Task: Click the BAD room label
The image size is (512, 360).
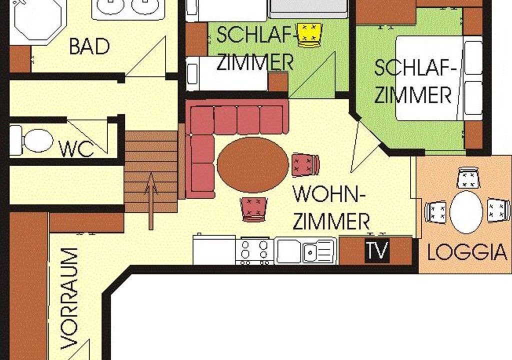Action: point(89,46)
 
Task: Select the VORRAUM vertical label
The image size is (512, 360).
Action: point(69,298)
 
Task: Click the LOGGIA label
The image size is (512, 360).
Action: point(467,252)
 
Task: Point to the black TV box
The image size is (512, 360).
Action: point(377,251)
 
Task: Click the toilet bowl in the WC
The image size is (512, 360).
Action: point(38,141)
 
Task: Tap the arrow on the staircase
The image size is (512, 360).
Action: point(150,201)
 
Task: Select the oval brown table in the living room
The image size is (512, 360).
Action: point(252,165)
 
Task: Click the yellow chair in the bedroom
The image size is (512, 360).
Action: point(309,35)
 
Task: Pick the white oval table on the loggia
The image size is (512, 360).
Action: point(466,212)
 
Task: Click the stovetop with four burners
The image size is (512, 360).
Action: point(254,251)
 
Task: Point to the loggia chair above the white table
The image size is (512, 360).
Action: point(468,178)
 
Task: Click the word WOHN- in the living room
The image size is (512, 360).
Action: point(329,194)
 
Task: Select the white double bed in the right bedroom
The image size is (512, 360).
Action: point(439,78)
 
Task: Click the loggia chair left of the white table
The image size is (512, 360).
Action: point(435,212)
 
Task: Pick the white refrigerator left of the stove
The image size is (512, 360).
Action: point(214,250)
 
